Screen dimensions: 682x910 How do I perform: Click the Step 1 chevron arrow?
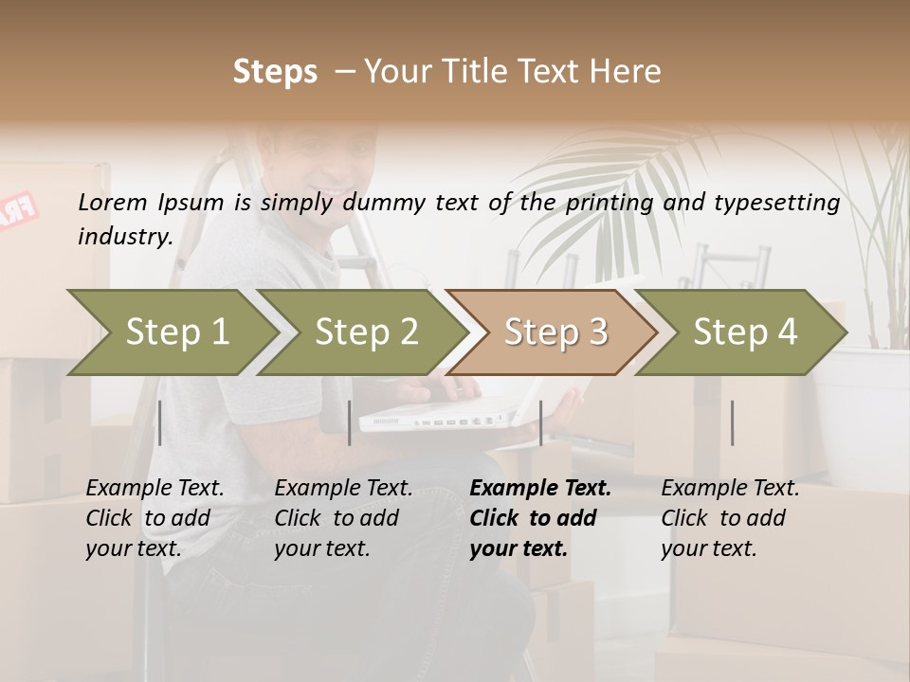coord(175,332)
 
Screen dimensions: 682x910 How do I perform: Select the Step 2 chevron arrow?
coord(366,332)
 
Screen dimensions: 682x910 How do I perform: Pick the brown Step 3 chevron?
coord(555,332)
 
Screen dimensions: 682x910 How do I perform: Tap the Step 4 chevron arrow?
coord(744,332)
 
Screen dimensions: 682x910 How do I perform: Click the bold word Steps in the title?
coord(275,71)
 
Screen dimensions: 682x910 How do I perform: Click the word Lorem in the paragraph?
coord(113,202)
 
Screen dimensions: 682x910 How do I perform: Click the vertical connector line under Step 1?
coord(160,422)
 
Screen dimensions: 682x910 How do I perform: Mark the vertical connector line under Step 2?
coord(350,422)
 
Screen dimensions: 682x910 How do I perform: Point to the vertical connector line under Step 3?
coord(541,422)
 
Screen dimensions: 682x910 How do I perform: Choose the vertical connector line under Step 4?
coord(732,422)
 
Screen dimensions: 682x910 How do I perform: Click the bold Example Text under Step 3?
coord(540,488)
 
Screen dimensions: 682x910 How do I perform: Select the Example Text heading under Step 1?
coord(155,488)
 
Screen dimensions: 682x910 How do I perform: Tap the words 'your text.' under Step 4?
coord(708,548)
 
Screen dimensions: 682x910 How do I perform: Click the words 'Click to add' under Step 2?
coord(337,518)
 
